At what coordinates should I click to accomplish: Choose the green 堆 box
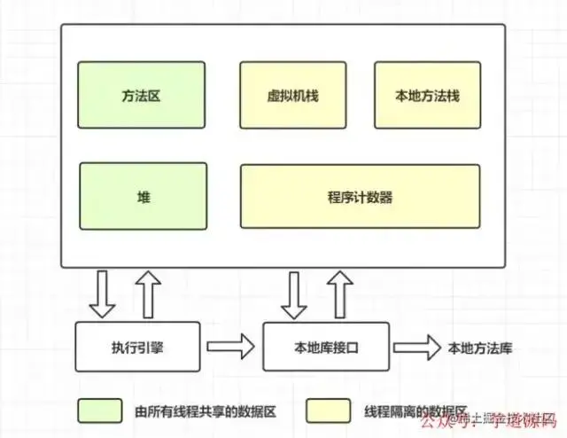point(143,196)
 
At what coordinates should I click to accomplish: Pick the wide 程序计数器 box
point(360,196)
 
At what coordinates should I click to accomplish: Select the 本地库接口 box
point(327,347)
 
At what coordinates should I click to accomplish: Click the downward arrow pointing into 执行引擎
point(104,294)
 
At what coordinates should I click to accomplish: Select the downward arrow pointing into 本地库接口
point(293,294)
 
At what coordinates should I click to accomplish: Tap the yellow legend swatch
point(328,411)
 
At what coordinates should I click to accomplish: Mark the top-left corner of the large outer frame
point(61,25)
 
